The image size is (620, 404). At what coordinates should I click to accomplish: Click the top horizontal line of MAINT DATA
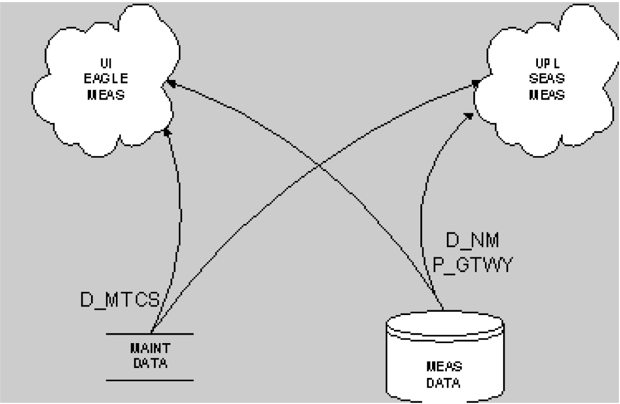[x=149, y=334]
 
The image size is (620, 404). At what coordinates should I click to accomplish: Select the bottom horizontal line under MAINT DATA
[x=149, y=380]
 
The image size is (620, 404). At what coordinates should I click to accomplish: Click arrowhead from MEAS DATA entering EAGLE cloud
[x=170, y=82]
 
